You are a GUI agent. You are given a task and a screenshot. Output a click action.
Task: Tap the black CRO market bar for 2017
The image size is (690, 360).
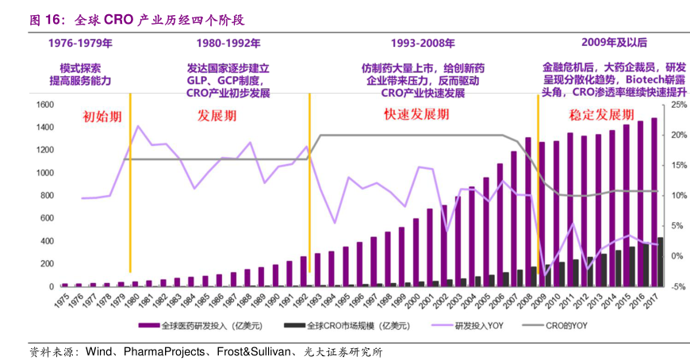661,262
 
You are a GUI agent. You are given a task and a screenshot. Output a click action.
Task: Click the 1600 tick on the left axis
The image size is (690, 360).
44,105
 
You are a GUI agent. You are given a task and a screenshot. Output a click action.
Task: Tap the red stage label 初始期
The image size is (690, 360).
103,117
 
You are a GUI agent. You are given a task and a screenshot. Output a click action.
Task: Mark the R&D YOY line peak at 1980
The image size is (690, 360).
138,126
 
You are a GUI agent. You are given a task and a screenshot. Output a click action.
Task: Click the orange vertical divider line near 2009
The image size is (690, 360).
539,182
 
